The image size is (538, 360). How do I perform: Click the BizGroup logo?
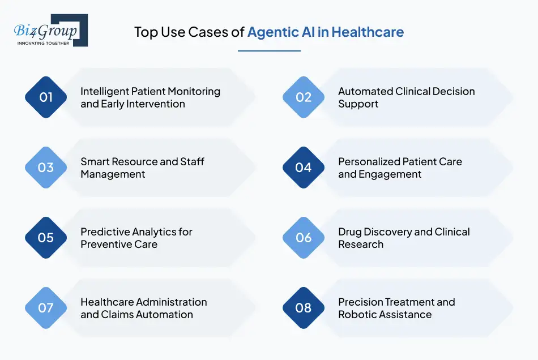pos(50,31)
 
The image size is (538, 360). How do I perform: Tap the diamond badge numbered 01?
pos(46,97)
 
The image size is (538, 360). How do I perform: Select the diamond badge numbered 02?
pos(304,97)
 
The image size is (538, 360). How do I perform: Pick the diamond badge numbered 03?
pos(46,168)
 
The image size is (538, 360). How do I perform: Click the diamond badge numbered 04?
pos(304,168)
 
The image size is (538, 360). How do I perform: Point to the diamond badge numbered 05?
pos(46,238)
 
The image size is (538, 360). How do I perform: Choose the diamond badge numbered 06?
pos(304,238)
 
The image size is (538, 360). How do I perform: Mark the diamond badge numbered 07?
pos(46,308)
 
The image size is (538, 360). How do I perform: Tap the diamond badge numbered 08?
pos(304,308)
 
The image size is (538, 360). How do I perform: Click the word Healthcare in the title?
pos(368,32)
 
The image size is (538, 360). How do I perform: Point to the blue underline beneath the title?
pos(269,51)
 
